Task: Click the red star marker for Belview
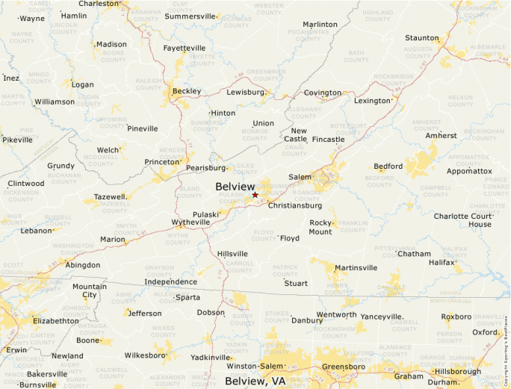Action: pyautogui.click(x=255, y=195)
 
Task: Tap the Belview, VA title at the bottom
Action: pyautogui.click(x=255, y=381)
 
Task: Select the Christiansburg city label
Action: pyautogui.click(x=294, y=205)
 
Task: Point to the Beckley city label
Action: pyautogui.click(x=186, y=91)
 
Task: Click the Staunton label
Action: pyautogui.click(x=421, y=38)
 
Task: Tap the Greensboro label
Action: pyautogui.click(x=343, y=367)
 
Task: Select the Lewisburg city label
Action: pyautogui.click(x=246, y=92)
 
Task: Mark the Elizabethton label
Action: pyautogui.click(x=55, y=321)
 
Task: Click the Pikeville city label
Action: pyautogui.click(x=17, y=140)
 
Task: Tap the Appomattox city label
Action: pyautogui.click(x=469, y=171)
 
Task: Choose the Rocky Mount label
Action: pyautogui.click(x=320, y=227)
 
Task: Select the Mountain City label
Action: pyautogui.click(x=90, y=290)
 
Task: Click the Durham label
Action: pyautogui.click(x=443, y=382)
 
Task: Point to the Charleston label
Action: pyautogui.click(x=99, y=4)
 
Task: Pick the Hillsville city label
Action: pyautogui.click(x=232, y=254)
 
